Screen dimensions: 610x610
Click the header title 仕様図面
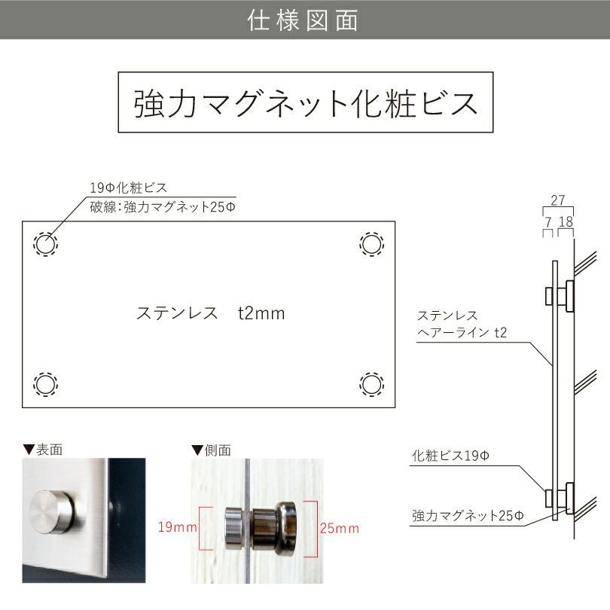(303, 20)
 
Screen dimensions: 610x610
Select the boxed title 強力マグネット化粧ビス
(306, 102)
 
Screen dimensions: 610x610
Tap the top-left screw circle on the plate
(45, 244)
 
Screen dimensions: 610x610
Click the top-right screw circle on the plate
(371, 244)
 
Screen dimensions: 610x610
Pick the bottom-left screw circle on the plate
(45, 384)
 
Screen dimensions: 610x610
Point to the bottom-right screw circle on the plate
(371, 384)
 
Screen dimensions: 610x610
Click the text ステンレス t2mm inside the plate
(210, 313)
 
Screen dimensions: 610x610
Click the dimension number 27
(558, 200)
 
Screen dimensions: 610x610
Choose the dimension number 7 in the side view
(547, 222)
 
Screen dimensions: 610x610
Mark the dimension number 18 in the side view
(566, 222)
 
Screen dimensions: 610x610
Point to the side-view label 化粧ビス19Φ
(451, 456)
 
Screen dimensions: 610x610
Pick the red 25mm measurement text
(340, 528)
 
